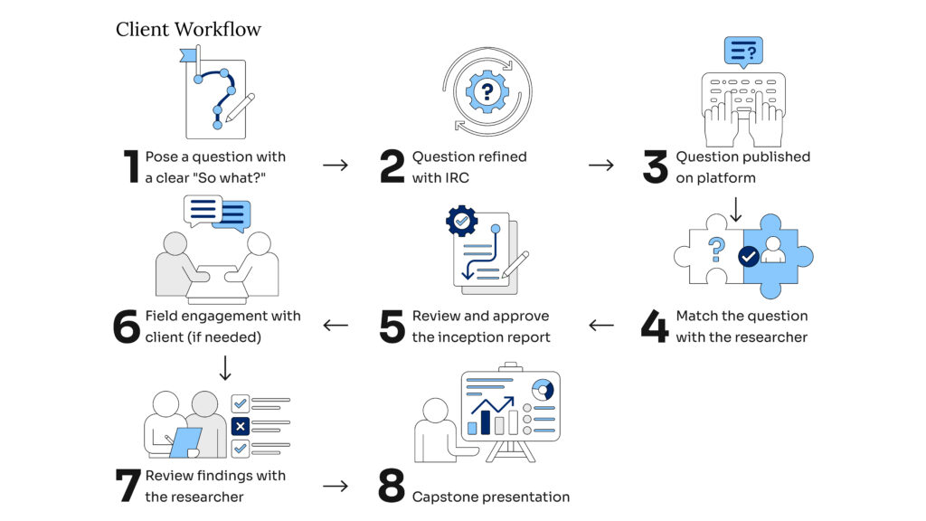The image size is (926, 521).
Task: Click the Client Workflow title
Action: [188, 29]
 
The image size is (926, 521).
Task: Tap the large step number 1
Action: [131, 166]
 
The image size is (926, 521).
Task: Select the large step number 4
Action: [655, 327]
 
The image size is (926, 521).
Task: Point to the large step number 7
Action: [128, 486]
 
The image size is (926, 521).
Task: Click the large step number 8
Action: [392, 486]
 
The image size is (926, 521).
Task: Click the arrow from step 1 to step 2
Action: [335, 166]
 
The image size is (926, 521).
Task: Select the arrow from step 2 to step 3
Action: [601, 166]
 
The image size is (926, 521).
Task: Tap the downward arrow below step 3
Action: [736, 210]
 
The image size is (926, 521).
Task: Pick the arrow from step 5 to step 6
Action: [335, 326]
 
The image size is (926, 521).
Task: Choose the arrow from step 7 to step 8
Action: [335, 486]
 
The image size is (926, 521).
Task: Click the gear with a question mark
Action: [487, 91]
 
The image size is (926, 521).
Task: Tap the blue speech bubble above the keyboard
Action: [743, 52]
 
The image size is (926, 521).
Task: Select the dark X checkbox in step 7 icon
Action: [241, 425]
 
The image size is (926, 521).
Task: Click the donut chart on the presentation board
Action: [543, 390]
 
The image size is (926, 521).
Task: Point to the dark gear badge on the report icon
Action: [462, 221]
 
